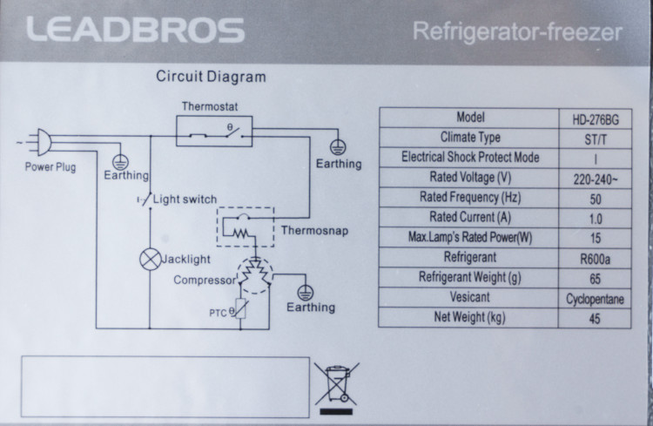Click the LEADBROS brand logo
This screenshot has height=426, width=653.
pyautogui.click(x=135, y=30)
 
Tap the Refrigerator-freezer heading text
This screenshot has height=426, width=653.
pyautogui.click(x=518, y=33)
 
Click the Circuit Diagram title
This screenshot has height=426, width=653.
pyautogui.click(x=211, y=77)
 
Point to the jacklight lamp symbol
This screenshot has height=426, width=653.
pyautogui.click(x=150, y=259)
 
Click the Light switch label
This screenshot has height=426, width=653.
pyautogui.click(x=185, y=199)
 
